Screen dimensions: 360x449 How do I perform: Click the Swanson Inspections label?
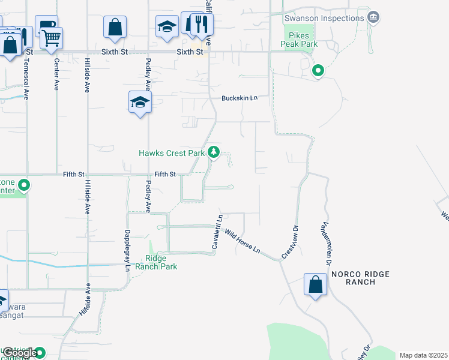[324, 17]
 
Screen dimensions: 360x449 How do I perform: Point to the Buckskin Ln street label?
[239, 98]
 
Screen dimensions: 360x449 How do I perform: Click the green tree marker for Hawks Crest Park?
[214, 152]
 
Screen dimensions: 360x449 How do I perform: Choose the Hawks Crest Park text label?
[172, 153]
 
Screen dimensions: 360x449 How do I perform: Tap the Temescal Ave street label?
[26, 72]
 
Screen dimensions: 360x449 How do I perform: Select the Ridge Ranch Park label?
[156, 262]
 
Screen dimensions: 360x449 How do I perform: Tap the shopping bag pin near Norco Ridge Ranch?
[315, 284]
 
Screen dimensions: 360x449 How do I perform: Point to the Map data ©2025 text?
[423, 355]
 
